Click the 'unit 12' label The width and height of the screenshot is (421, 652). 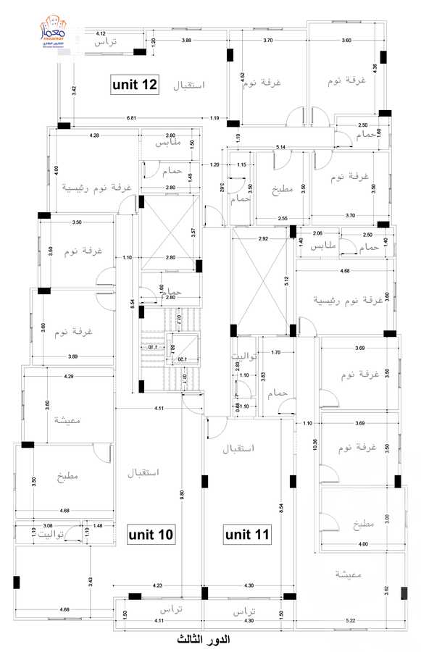pos(135,84)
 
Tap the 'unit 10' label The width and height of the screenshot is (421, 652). pos(151,535)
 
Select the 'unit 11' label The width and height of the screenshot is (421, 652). pos(246,535)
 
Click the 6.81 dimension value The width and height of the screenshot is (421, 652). pos(131,117)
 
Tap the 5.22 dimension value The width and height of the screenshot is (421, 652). pos(350,621)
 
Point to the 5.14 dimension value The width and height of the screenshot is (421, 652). pos(280,147)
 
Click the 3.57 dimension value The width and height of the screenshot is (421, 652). pos(193,233)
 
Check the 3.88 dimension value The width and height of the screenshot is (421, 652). pos(187,41)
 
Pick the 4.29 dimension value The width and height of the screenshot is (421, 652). pos(69,377)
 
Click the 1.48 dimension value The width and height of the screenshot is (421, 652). pos(98,525)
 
